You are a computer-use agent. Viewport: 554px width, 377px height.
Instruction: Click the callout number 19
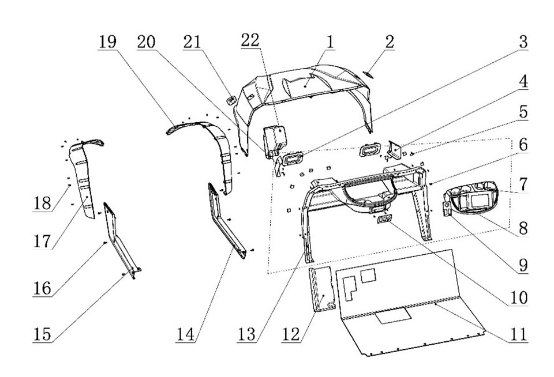[x=107, y=43]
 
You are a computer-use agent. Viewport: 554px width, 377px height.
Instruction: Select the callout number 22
[x=250, y=40]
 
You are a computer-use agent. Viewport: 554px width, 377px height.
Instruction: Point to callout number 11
[x=519, y=333]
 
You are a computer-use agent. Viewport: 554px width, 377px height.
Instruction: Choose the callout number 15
[x=42, y=333]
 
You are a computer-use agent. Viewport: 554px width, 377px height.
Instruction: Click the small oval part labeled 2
[x=369, y=74]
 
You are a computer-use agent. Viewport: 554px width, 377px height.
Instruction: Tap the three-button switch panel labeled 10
[x=385, y=220]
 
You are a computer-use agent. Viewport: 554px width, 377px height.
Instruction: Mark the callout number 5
[x=522, y=112]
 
